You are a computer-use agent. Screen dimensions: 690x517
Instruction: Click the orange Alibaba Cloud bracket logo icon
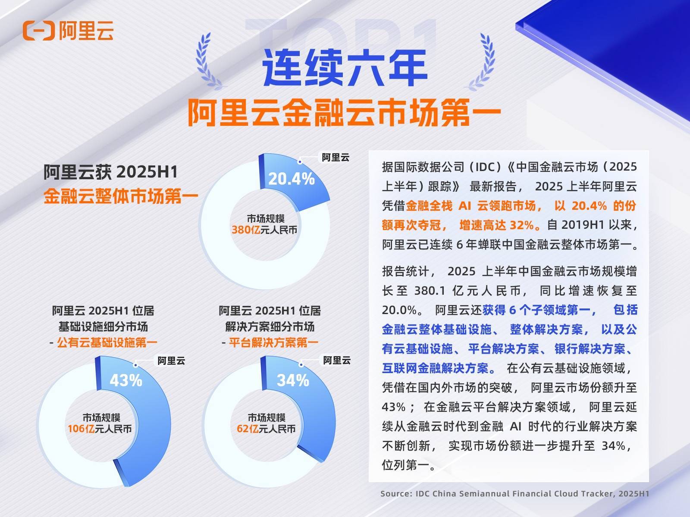[39, 31]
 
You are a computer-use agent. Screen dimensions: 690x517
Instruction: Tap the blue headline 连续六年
[345, 68]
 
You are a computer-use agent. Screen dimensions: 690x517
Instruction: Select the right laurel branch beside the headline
[481, 62]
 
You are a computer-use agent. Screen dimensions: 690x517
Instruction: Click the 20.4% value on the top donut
[292, 179]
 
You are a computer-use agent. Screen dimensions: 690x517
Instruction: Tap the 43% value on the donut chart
[126, 380]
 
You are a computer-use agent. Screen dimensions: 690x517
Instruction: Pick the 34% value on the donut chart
[293, 380]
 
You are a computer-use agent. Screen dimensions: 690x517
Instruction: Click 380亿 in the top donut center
[246, 230]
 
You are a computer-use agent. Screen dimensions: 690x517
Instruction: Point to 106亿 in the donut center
[81, 429]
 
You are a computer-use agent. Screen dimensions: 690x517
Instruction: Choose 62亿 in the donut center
[244, 429]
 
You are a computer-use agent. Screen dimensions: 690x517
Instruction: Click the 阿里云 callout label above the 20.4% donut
[336, 157]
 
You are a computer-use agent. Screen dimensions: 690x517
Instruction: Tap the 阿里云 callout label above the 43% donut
[171, 361]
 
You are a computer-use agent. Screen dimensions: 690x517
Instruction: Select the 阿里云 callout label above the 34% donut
[337, 360]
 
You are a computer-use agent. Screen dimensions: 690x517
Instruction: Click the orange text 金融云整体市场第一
[121, 196]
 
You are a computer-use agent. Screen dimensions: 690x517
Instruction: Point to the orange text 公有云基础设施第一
[107, 343]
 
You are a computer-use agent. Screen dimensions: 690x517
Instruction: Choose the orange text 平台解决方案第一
[273, 343]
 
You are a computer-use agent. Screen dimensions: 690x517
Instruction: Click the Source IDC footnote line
[514, 494]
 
